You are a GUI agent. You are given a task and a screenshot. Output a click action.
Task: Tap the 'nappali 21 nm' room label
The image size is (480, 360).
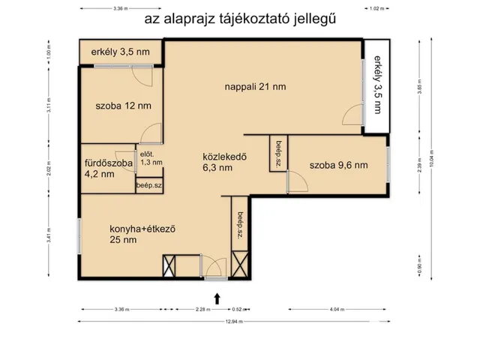click(x=255, y=87)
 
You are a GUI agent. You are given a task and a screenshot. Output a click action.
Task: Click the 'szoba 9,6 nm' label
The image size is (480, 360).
click(x=338, y=165)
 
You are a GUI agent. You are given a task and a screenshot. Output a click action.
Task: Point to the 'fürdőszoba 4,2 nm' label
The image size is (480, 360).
click(x=108, y=168)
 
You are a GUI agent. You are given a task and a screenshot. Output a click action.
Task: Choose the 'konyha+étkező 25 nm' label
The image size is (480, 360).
click(x=142, y=235)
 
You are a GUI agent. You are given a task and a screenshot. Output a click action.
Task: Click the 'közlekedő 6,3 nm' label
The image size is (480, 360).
click(x=225, y=162)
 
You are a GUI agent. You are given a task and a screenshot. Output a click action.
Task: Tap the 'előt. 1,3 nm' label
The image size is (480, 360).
click(x=150, y=158)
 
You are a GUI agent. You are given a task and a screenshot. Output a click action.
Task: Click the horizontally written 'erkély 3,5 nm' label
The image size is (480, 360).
click(x=119, y=52)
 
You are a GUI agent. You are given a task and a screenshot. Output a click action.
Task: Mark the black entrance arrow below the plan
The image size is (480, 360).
click(x=217, y=298)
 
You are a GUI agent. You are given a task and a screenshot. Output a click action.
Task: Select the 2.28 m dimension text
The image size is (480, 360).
click(x=202, y=308)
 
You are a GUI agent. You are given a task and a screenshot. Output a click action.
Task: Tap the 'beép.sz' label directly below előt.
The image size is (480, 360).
click(x=148, y=184)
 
